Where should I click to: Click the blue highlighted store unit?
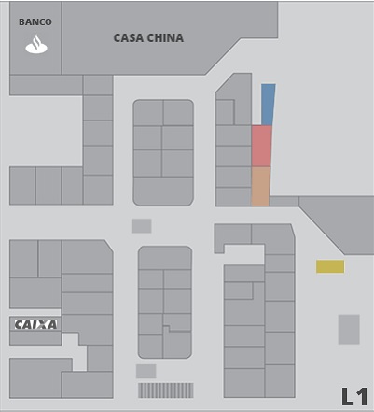[268, 105]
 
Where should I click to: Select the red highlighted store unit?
[261, 146]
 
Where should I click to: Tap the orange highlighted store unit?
[260, 186]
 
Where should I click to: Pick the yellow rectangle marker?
[330, 266]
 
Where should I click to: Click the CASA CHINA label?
[148, 38]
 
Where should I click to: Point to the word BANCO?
[35, 22]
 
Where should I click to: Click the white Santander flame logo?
[36, 44]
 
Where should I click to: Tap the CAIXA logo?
[35, 324]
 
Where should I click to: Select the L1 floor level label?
[354, 397]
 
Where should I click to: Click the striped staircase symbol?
[166, 391]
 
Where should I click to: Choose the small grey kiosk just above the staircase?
[146, 371]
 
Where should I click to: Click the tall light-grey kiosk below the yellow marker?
[349, 330]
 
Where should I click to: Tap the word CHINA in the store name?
[165, 38]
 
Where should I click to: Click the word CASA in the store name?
[129, 38]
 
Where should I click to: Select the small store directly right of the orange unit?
[284, 201]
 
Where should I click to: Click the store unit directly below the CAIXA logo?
[35, 338]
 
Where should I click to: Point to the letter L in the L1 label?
[348, 397]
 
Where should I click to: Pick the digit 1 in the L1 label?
[363, 397]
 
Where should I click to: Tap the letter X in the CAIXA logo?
[42, 324]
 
